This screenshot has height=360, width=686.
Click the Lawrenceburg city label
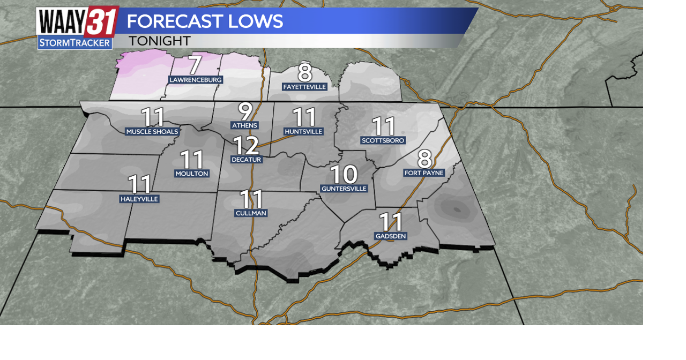point(196,80)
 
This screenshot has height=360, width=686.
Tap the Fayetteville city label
point(305,87)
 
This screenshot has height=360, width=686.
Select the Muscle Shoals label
point(152,132)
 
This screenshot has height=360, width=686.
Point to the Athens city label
point(244,125)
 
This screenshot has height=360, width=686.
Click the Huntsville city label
point(304,132)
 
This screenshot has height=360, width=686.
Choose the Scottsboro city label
point(383,140)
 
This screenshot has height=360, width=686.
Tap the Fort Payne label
point(424,173)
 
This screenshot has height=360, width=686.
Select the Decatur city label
point(247,160)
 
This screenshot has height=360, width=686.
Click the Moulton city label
point(192,174)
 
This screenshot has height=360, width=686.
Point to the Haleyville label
point(139,199)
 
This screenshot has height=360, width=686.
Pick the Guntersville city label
point(344,189)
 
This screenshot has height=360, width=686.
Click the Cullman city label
point(251,213)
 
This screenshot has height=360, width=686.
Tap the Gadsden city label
point(391,236)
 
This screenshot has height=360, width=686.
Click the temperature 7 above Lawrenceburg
point(195,65)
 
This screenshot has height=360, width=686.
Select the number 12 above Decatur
point(246,145)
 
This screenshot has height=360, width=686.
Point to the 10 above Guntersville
point(344,174)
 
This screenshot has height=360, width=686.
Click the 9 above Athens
point(245,111)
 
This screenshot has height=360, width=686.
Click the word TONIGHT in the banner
point(160,41)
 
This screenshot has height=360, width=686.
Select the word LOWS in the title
point(255,21)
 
